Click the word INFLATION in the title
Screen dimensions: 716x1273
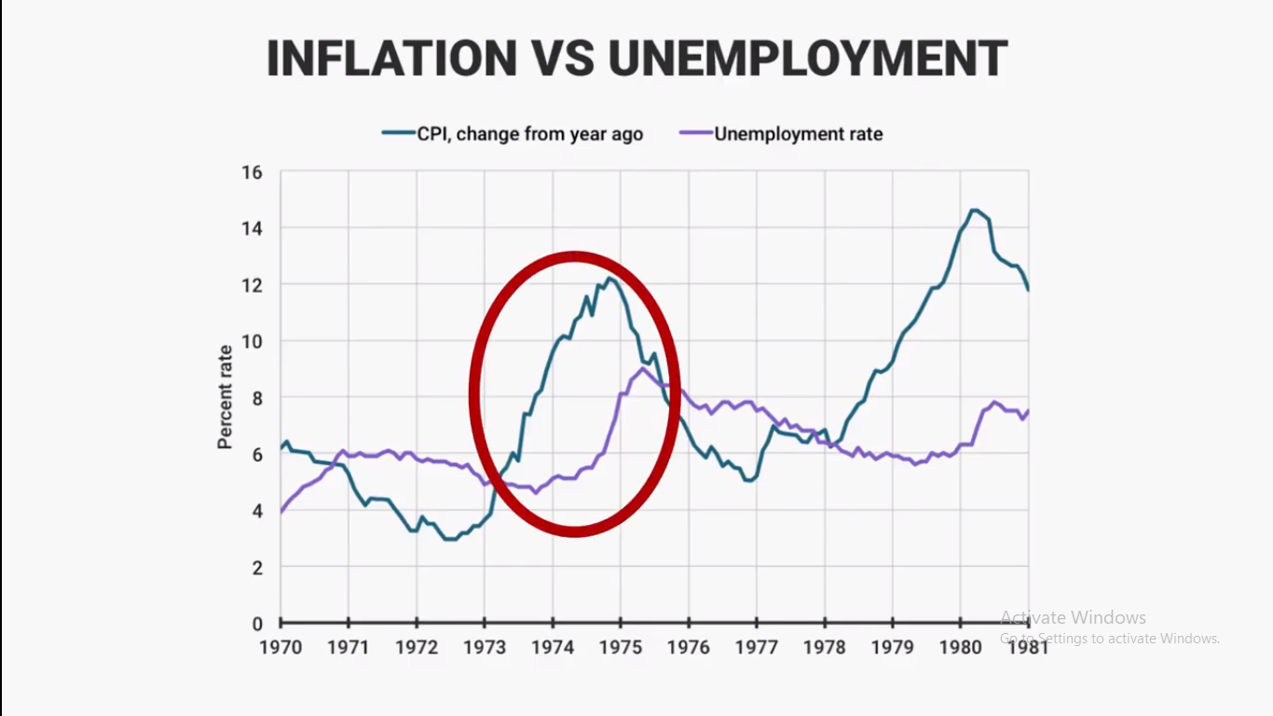(x=391, y=59)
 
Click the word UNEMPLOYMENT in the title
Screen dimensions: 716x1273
(x=807, y=59)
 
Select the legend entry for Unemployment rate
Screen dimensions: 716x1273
(x=798, y=133)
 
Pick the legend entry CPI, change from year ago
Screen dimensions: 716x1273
(x=529, y=133)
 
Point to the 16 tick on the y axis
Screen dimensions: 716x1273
(x=252, y=172)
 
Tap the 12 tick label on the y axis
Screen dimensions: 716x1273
(x=252, y=285)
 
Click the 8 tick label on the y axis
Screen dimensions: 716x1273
(x=256, y=398)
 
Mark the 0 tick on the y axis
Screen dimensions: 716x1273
(x=256, y=624)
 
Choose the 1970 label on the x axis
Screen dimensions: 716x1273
(x=281, y=647)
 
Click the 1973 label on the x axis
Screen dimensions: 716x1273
(x=485, y=647)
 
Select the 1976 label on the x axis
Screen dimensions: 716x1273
(x=689, y=647)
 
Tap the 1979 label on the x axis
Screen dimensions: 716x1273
(x=893, y=647)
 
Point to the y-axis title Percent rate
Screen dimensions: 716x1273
(x=226, y=397)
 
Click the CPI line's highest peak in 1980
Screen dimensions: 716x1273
(x=974, y=210)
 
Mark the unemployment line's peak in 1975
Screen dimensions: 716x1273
(x=643, y=368)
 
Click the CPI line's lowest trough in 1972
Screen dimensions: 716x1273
(x=450, y=539)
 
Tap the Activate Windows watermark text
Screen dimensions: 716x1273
(x=1073, y=617)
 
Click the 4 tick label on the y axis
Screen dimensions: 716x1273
(x=256, y=511)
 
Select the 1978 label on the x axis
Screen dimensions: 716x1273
(x=825, y=647)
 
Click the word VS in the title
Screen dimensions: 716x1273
(x=563, y=59)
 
